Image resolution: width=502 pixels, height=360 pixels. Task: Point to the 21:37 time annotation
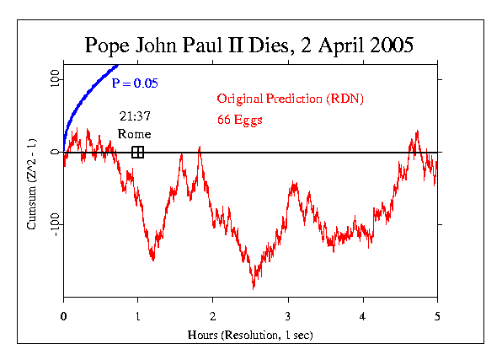pos(134,116)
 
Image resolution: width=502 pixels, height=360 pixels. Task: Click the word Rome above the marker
pos(134,133)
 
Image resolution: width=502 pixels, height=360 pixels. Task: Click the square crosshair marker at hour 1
pos(138,152)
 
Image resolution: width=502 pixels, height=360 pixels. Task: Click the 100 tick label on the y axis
pos(55,80)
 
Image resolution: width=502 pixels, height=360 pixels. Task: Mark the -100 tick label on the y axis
pos(55,225)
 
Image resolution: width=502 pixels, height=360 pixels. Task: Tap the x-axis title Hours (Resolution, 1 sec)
pos(250,335)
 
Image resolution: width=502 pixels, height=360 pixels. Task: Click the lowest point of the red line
pos(254,289)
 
